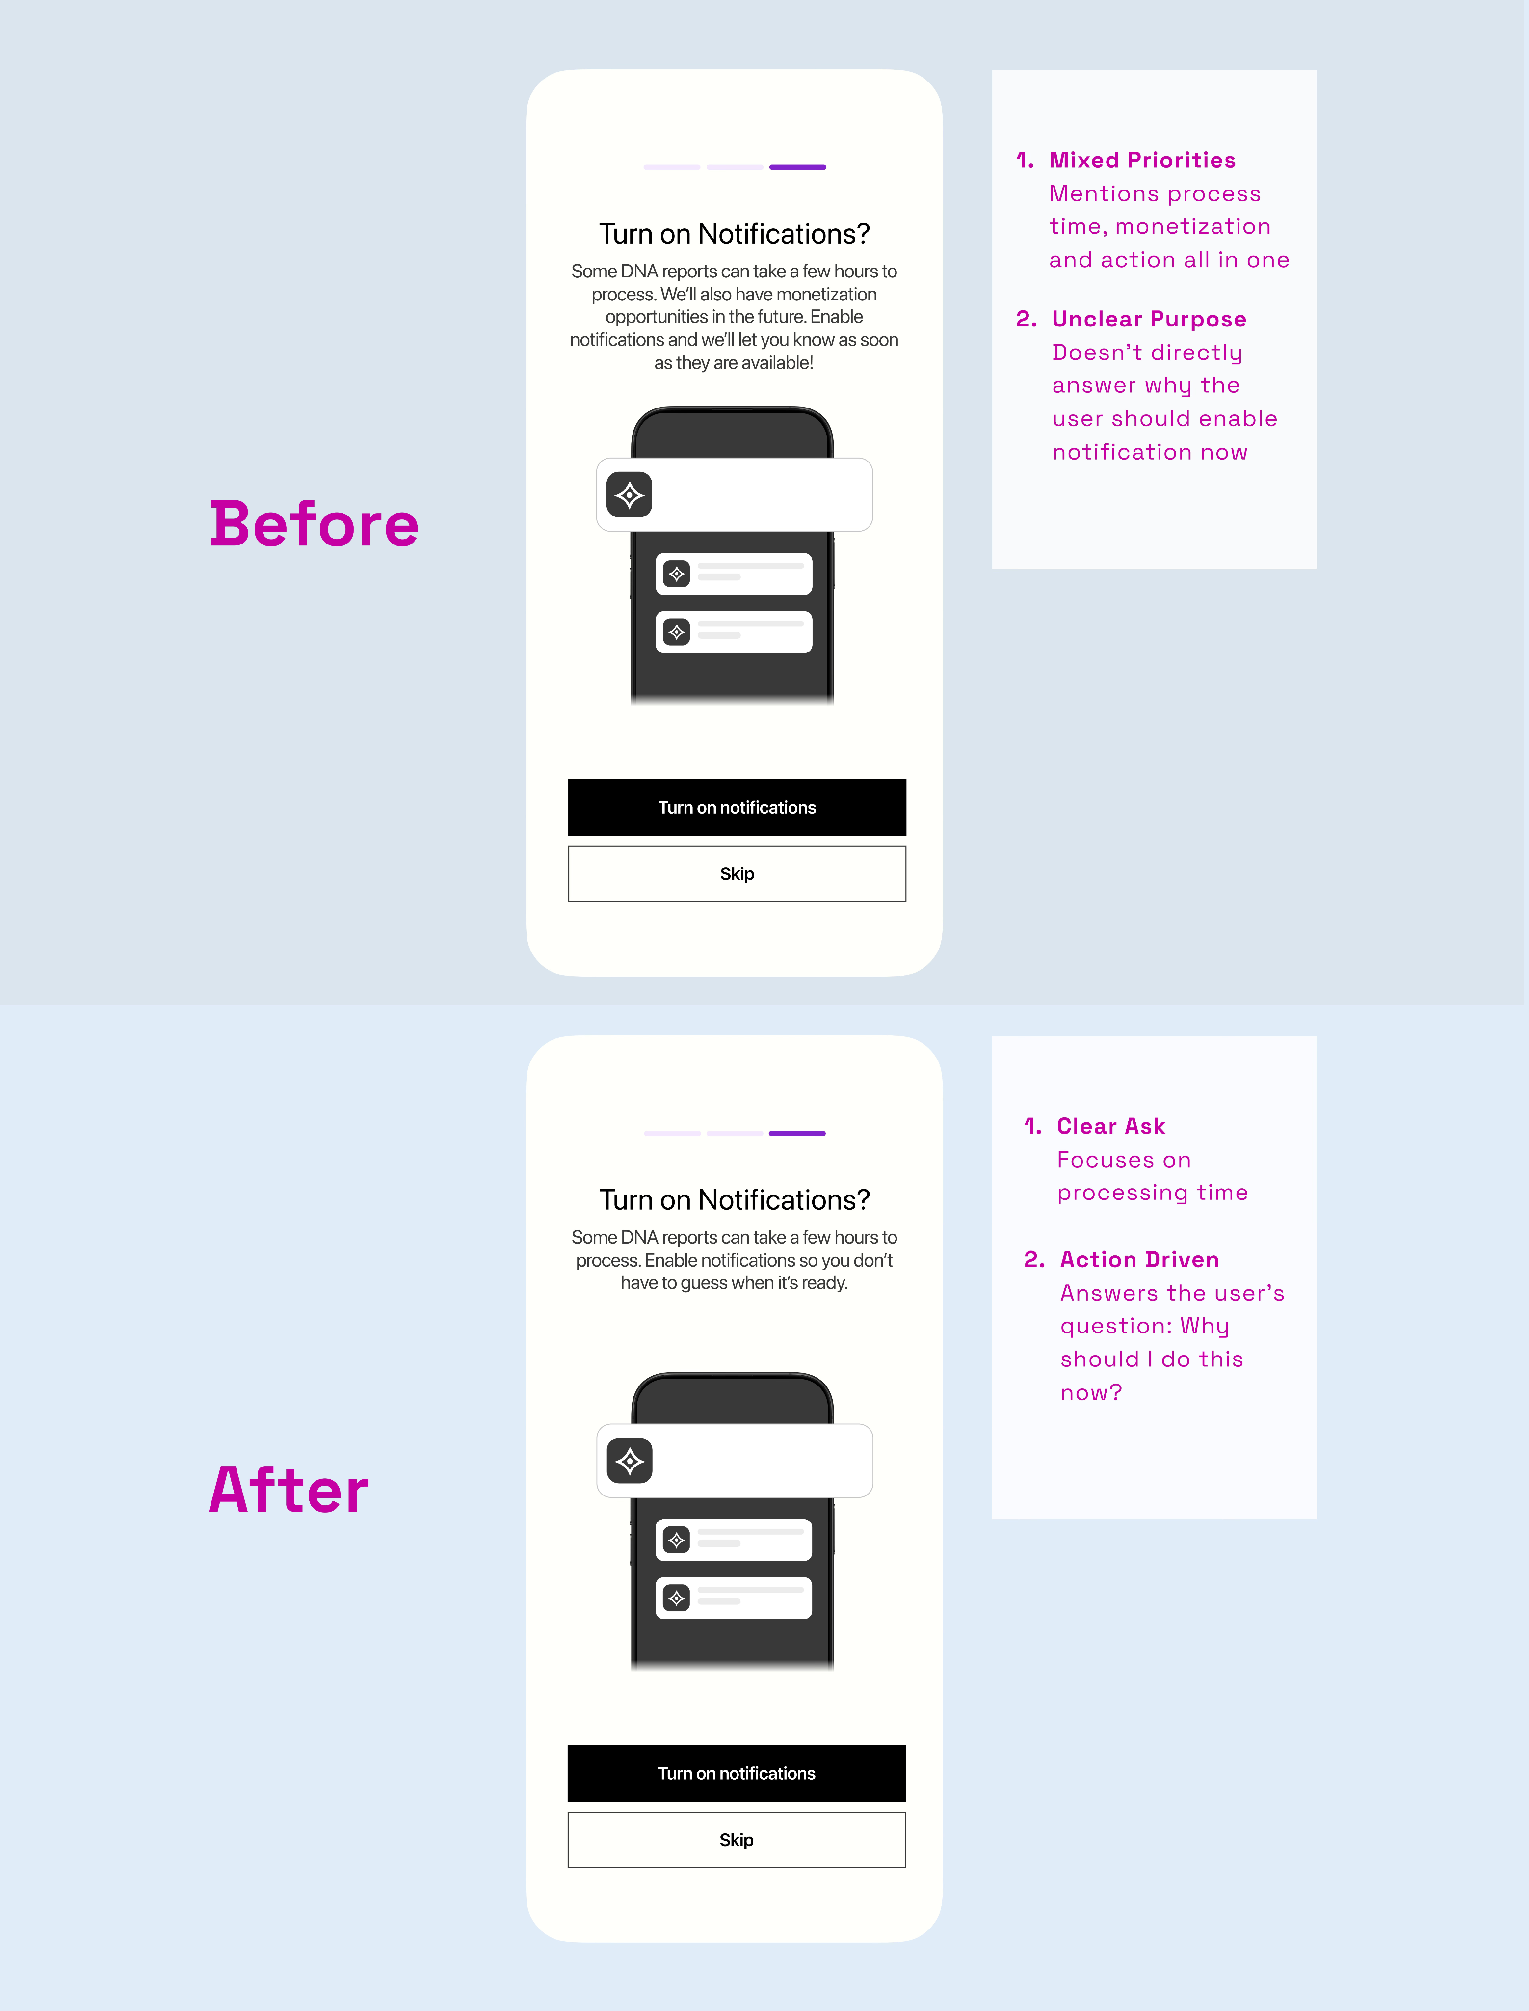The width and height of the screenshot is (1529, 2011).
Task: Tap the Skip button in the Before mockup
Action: (x=737, y=874)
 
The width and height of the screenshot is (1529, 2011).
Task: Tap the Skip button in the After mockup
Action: (x=737, y=1840)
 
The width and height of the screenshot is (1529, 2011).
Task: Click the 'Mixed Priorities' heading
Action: (x=1142, y=160)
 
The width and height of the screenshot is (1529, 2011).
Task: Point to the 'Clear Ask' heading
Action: (x=1110, y=1126)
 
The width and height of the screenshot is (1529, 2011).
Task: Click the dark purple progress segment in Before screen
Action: (x=797, y=167)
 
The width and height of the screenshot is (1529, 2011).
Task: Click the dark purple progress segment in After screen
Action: (x=797, y=1134)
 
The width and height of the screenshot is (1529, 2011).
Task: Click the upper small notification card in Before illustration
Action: (x=734, y=573)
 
